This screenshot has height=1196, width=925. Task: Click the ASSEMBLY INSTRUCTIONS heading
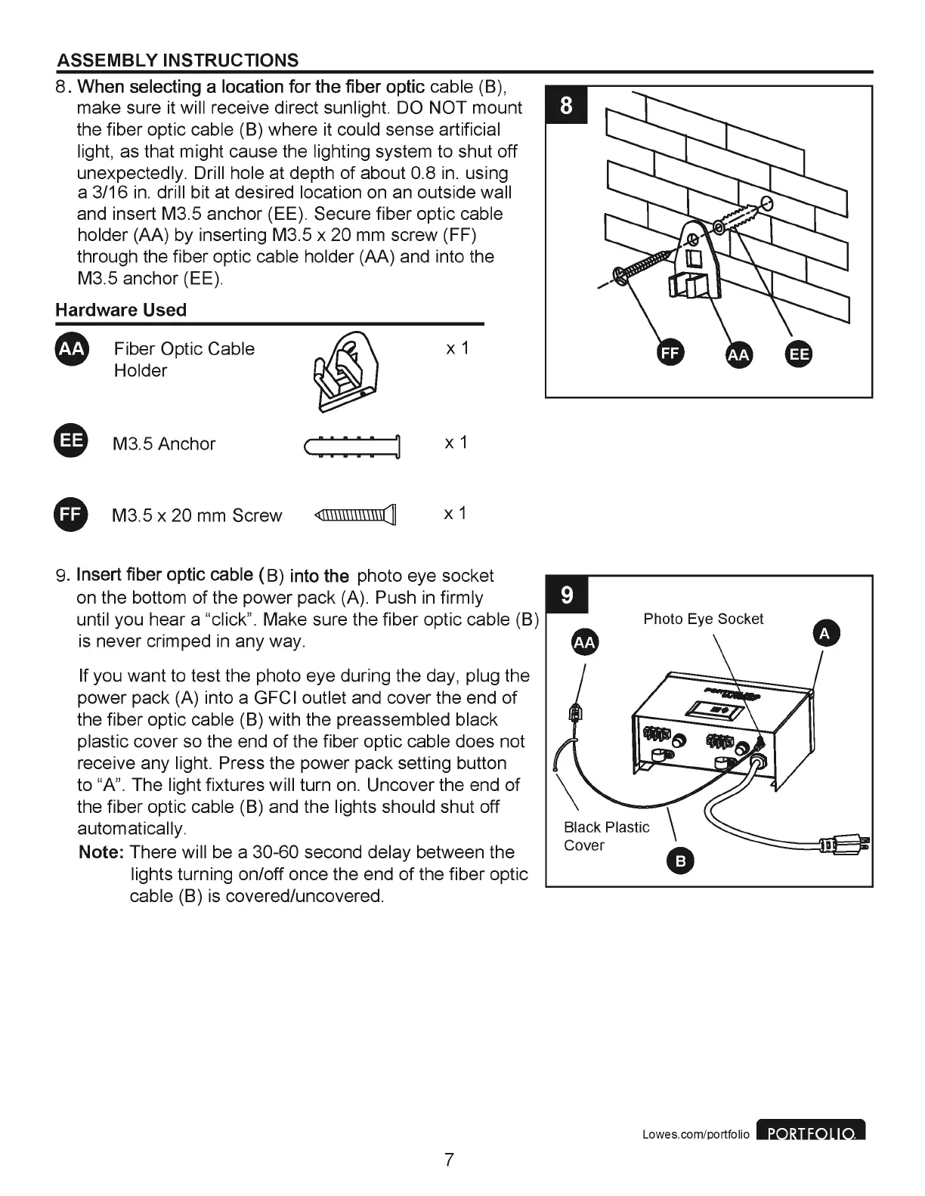(x=178, y=60)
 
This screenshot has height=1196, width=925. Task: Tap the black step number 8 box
(x=565, y=106)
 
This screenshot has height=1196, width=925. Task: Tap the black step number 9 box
(x=566, y=596)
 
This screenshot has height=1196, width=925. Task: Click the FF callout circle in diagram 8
(x=670, y=354)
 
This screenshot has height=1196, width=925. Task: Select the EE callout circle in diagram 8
(x=799, y=354)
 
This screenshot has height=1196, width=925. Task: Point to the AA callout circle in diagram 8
(x=738, y=355)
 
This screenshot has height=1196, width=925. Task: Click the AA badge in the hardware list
(x=72, y=349)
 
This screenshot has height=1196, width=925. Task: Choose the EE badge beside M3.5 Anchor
(x=72, y=443)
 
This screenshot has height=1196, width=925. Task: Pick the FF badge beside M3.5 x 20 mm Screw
(x=72, y=515)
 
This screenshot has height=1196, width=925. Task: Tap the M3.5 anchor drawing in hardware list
(x=352, y=447)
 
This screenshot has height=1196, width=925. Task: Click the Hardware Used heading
(x=121, y=310)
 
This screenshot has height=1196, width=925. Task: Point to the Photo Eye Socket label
(x=703, y=619)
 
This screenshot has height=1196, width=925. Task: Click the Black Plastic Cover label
(x=606, y=836)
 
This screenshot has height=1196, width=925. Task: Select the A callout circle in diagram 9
(x=824, y=634)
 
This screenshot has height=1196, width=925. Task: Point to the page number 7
(x=449, y=1159)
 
